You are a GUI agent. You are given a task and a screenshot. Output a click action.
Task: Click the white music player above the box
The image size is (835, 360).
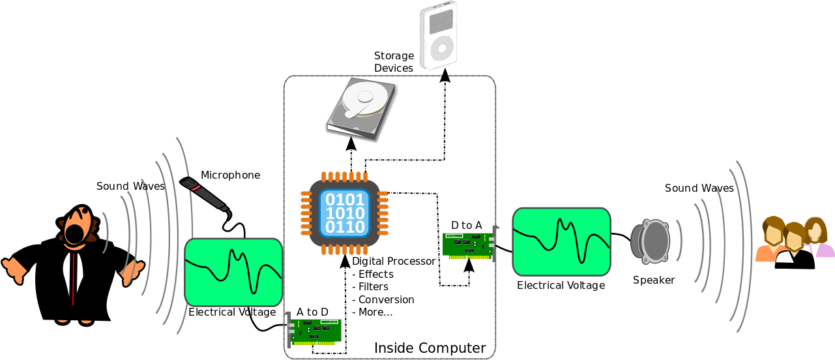pos(439,35)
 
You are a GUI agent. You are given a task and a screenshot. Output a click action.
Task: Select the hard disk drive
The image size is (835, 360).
pos(362,108)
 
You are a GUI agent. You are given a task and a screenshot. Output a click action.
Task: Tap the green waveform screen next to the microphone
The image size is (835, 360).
pos(233,272)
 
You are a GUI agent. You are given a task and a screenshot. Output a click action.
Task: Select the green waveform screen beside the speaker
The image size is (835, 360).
pos(561,241)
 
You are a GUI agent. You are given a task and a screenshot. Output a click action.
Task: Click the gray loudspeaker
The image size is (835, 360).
pos(651,241)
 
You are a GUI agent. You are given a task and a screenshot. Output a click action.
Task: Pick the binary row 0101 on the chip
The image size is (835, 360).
pos(345,200)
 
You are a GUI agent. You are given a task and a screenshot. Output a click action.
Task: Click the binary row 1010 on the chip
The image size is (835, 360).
pos(345,213)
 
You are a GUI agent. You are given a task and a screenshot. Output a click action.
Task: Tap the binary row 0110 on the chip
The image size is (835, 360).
pos(345,227)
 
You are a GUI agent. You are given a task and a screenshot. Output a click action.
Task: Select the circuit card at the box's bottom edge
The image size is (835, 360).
pos(315,331)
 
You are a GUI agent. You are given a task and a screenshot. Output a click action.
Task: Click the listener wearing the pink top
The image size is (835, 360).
pos(817,238)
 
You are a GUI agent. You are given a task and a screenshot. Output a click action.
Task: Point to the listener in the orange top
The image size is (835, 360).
pos(772,240)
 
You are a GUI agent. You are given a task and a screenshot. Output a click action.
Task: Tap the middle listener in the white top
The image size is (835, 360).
pos(794,245)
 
